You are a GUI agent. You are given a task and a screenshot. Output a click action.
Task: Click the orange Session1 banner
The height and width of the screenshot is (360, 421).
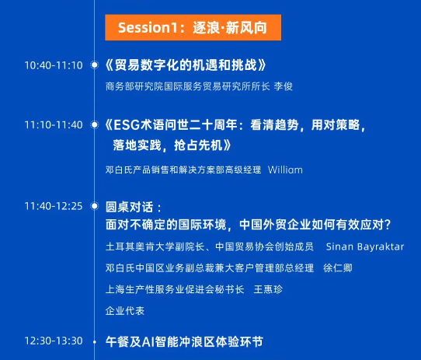[x=193, y=27]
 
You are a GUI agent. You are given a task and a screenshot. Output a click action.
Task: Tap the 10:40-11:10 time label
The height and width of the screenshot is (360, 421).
[x=54, y=65]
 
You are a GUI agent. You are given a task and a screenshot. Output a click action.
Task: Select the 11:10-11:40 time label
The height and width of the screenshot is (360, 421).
[x=54, y=125]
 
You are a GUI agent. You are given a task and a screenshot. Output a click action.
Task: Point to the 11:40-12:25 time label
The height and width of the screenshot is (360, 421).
[x=54, y=206]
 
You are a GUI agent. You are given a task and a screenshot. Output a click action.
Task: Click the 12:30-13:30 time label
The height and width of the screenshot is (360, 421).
[x=54, y=341]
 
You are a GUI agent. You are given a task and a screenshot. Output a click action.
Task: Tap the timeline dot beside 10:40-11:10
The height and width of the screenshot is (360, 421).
[x=95, y=65]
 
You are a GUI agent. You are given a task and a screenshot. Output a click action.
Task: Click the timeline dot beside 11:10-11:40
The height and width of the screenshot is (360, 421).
[x=95, y=124]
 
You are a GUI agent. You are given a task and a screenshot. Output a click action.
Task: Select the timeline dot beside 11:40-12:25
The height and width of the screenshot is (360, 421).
[x=95, y=206]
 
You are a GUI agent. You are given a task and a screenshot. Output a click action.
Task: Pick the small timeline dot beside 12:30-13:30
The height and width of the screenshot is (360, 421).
[x=95, y=342]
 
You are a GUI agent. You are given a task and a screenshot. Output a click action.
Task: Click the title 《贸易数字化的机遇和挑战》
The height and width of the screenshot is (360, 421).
[x=186, y=65]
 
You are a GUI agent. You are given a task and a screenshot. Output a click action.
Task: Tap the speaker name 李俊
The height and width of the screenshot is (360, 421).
[x=284, y=86]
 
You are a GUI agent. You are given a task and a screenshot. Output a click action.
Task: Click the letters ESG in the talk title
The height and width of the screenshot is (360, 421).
[x=127, y=125]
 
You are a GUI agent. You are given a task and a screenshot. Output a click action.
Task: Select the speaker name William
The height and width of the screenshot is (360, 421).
[x=285, y=170]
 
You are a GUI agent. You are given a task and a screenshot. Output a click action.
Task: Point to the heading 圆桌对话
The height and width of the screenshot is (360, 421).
[x=130, y=207]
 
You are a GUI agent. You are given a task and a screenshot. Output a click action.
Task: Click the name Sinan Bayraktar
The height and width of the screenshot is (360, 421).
[x=365, y=246]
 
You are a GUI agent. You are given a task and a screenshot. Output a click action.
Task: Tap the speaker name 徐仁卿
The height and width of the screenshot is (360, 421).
[x=338, y=268]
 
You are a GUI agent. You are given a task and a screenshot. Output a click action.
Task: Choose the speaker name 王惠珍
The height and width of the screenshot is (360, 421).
[x=268, y=289]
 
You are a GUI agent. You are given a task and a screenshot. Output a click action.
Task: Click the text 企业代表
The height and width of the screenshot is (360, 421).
[x=125, y=311]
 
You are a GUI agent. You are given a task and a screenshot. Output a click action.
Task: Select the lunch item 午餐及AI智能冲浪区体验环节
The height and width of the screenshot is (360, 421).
[x=184, y=342]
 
